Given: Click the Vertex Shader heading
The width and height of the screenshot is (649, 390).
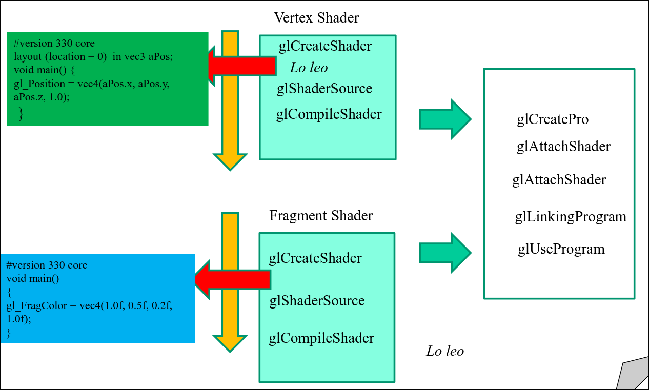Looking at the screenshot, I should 316,17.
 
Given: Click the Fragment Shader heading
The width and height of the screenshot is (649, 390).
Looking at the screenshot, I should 321,216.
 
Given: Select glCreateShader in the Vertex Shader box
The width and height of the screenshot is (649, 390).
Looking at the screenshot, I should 325,46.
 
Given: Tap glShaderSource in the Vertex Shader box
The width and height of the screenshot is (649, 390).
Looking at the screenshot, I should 324,89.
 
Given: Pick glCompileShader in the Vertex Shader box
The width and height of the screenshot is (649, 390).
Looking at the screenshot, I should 329,114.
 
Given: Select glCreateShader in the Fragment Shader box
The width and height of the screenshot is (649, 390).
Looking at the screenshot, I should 315,258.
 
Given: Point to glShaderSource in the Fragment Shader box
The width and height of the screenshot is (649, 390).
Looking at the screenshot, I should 317,300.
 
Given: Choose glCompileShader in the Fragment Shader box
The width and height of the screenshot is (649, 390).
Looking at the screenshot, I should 321,338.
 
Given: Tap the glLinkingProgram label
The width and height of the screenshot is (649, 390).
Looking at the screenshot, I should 571,217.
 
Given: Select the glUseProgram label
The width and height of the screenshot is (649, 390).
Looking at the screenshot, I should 561,249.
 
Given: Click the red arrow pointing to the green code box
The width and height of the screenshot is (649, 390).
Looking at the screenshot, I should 241,65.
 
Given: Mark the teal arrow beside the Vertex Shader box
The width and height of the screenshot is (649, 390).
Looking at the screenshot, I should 444,119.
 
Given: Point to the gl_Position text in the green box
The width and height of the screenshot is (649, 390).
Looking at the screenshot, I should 36,84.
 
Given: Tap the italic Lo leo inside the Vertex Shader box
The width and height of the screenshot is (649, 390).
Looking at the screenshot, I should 309,68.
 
